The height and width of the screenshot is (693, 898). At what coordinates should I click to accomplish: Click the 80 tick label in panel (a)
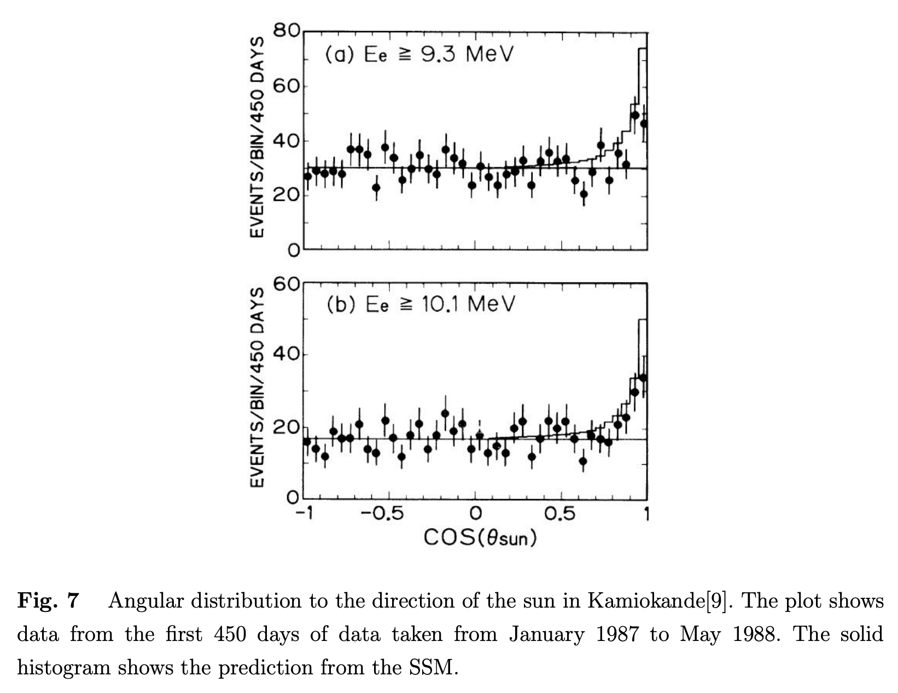point(286,31)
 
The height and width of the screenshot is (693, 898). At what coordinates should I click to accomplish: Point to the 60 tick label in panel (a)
point(286,86)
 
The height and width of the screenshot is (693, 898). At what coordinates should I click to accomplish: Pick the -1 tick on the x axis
point(304,514)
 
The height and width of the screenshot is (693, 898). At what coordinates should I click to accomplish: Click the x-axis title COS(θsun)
point(480,538)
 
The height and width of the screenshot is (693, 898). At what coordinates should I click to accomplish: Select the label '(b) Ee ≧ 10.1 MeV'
point(421,304)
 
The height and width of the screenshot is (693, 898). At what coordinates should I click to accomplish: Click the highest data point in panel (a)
point(634,115)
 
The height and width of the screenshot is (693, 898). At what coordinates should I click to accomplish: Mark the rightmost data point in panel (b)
point(643,378)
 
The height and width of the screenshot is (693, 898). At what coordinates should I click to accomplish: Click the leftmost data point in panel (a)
point(307,176)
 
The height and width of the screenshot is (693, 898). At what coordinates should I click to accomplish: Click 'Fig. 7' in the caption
point(48,601)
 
